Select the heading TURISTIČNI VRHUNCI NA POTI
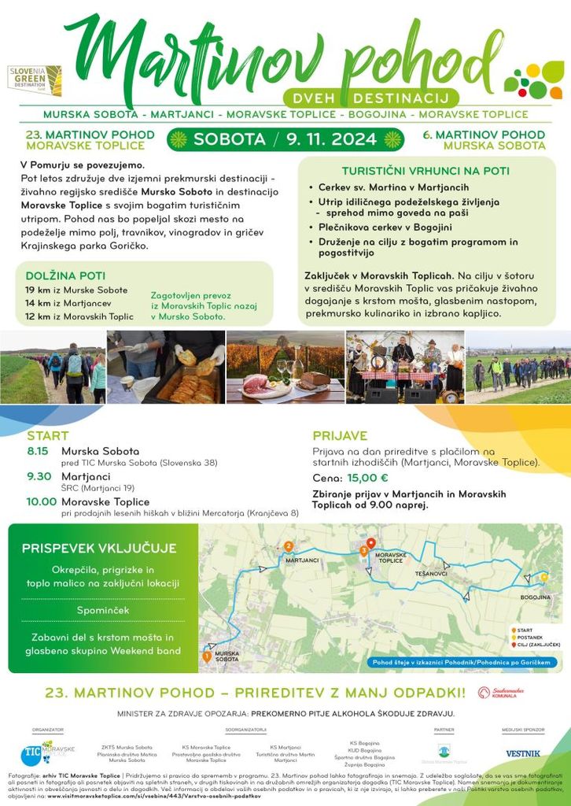425,171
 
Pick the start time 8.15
38,451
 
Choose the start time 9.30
39,476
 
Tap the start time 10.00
41,501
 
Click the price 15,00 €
368,477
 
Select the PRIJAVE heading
340,435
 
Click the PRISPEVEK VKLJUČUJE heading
99,549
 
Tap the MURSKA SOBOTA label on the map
227,655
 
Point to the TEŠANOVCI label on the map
431,575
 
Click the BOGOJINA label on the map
536,597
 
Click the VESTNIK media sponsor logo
523,753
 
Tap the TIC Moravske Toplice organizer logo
48,752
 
